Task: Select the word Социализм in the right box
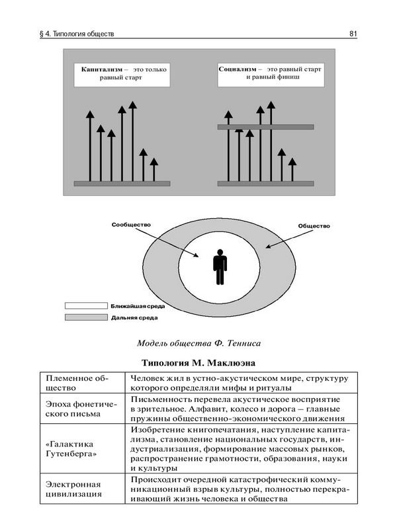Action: pos(238,68)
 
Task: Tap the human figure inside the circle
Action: pos(220,267)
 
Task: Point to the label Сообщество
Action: pos(131,225)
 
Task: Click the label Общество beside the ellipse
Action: pos(314,226)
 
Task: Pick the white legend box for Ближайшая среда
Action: pos(85,306)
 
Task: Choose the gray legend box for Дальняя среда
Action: pos(85,318)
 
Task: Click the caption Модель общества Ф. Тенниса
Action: pos(198,343)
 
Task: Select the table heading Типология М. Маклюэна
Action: pos(198,363)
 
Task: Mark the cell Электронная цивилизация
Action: pos(71,488)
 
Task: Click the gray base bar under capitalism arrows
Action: pos(122,183)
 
